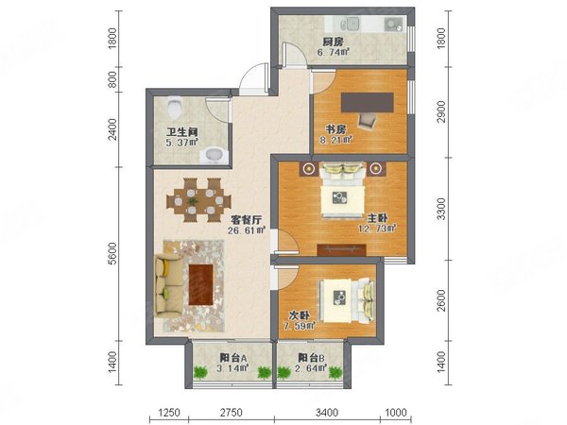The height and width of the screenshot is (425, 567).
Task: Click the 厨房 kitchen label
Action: pyautogui.click(x=331, y=42)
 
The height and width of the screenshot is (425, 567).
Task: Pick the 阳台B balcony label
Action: pyautogui.click(x=311, y=358)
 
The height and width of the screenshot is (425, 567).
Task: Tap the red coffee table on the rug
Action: pyautogui.click(x=202, y=281)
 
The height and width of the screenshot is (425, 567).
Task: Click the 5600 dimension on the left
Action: pyautogui.click(x=112, y=254)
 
